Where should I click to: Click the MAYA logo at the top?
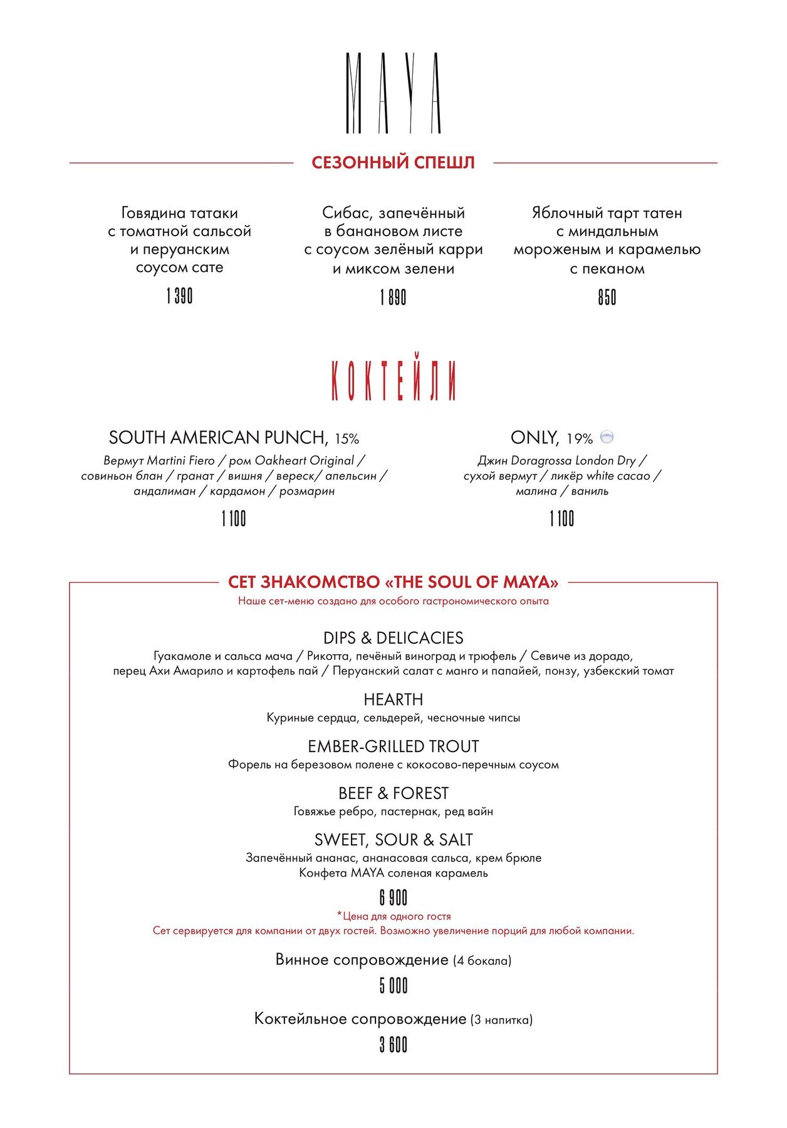394,93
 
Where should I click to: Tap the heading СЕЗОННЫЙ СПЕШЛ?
393,163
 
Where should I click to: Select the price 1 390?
179,296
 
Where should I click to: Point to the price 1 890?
393,297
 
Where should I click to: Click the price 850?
607,297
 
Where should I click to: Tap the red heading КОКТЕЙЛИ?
394,380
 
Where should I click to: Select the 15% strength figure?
347,439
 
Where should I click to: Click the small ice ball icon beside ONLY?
607,437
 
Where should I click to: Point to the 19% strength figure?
580,439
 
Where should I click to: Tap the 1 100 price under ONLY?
561,519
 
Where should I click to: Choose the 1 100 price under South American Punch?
234,519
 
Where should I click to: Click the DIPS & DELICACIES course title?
394,638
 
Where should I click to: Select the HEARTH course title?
394,699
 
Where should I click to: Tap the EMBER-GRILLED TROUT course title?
394,746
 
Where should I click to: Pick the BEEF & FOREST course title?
394,793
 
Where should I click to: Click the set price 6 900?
394,898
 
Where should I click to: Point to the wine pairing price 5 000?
394,986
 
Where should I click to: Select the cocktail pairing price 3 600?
394,1045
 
